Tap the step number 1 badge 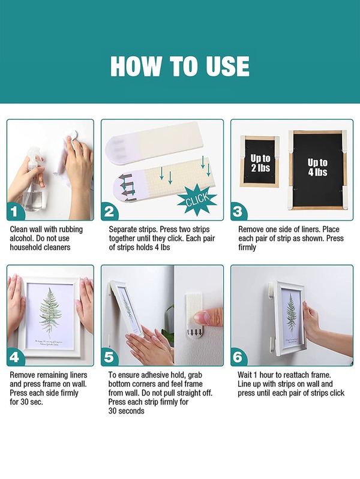[14, 212]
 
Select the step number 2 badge [109, 212]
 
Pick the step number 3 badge [239, 212]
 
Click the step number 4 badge [14, 357]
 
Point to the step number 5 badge [109, 357]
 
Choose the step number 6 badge [239, 357]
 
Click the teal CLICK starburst [197, 200]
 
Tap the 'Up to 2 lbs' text [260, 163]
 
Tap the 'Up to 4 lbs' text [317, 167]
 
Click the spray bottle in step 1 [34, 180]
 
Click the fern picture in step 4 [50, 315]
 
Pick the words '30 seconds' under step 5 [126, 411]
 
